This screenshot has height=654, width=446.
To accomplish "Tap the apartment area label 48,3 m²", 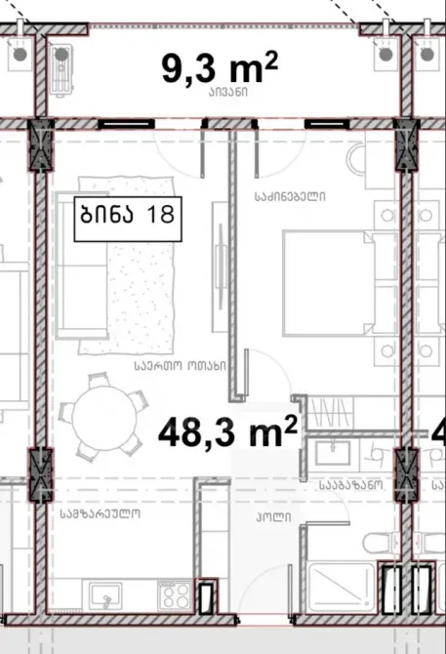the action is coord(228,431).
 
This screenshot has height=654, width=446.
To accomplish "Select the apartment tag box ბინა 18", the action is coord(128,219).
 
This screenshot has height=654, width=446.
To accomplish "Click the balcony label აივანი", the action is coord(228,93).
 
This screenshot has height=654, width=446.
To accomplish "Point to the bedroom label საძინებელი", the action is coord(290,196).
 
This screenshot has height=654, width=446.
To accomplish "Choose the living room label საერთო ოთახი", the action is coord(181,366).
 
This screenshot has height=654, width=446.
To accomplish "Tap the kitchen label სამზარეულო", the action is coord(101,513).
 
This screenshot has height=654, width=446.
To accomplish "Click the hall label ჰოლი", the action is coord(273,517).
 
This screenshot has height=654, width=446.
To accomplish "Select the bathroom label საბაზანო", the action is coord(351,485).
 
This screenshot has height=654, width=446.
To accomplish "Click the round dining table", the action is coord(104,418).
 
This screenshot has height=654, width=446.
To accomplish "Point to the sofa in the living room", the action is coord(81,266).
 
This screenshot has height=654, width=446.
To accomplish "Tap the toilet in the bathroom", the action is coord(377,543).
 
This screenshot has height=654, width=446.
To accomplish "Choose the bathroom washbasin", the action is coord(333,453).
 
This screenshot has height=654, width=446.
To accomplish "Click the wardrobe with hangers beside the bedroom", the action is coord(330,412).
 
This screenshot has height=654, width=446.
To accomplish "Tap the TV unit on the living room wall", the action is coord(220,266).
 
